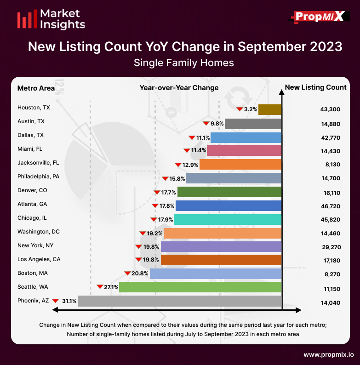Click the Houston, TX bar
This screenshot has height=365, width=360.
point(270,109)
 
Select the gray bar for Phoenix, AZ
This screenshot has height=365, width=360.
point(180,301)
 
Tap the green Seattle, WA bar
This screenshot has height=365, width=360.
point(200,287)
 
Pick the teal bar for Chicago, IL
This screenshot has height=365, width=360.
point(228,219)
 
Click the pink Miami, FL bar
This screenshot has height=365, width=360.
point(244,150)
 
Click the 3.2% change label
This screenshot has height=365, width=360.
point(250,109)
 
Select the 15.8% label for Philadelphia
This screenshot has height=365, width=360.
point(177,178)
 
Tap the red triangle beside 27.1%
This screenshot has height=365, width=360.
point(100,287)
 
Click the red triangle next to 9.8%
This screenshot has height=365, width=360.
point(206,123)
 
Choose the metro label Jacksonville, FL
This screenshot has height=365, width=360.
point(38,163)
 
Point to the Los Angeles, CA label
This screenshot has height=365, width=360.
point(39,259)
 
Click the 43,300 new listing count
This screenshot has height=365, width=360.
point(331,109)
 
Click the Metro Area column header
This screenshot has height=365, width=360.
point(36,88)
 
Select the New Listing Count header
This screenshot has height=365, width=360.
point(316,87)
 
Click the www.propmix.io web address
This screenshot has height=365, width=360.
point(328,355)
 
